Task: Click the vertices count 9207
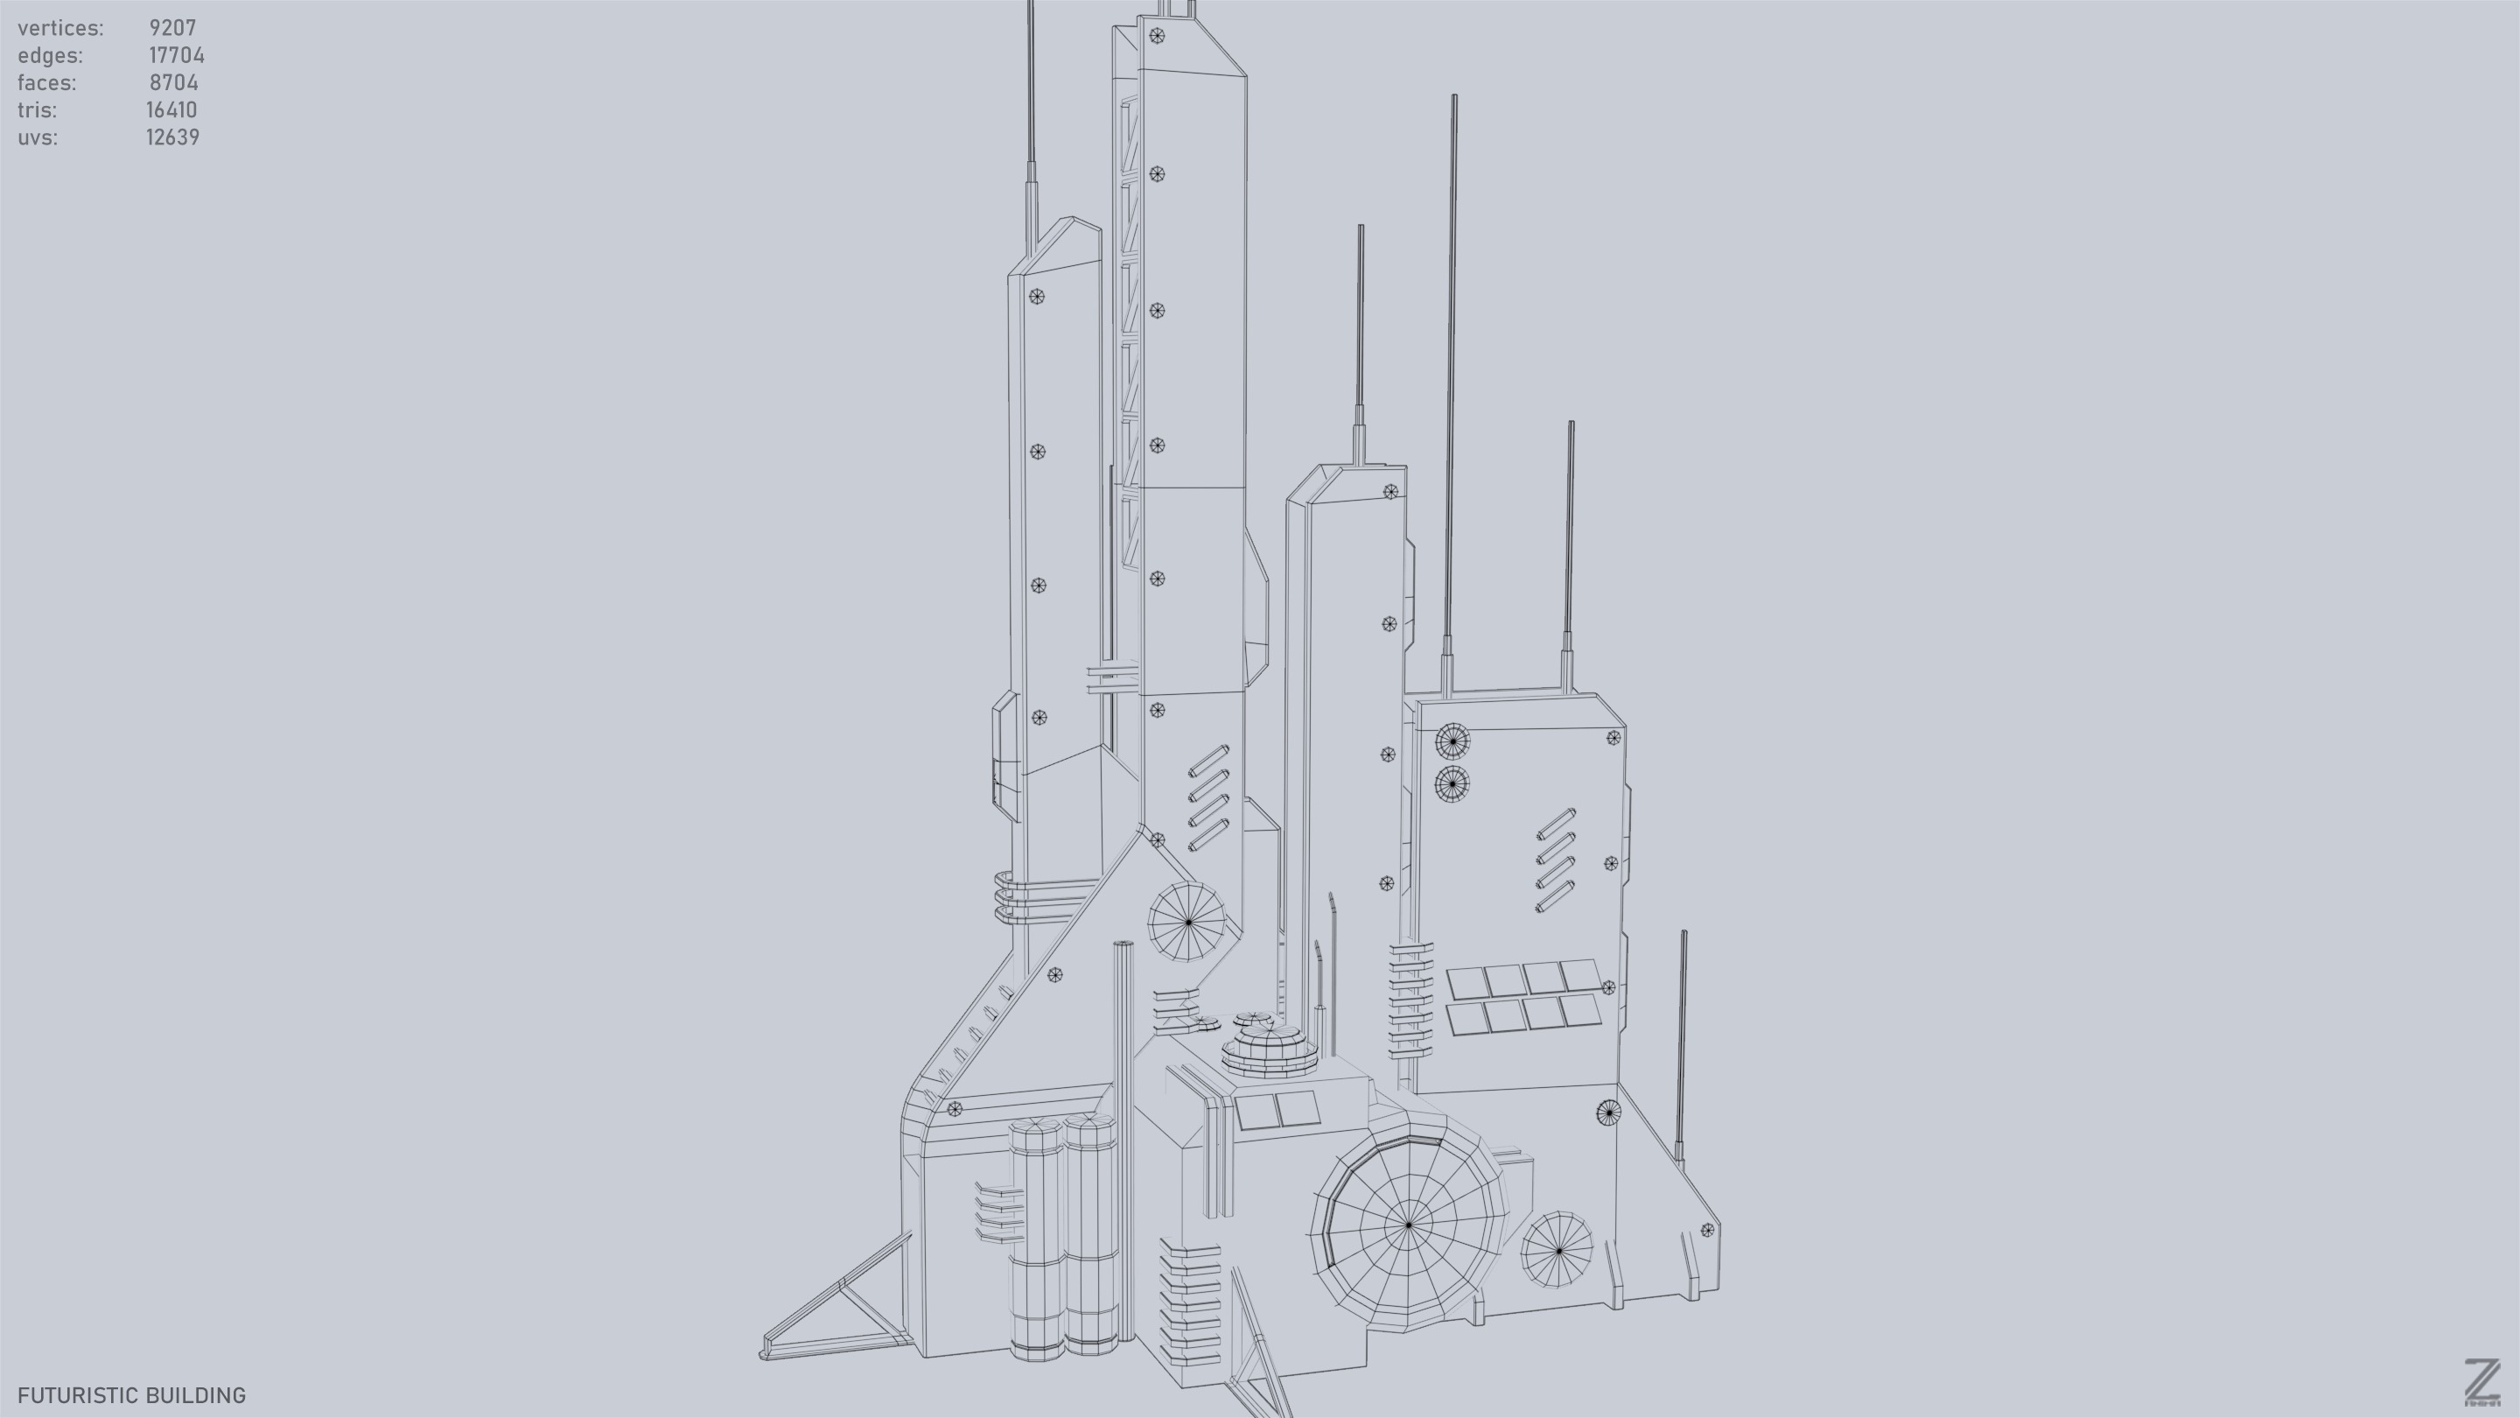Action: tap(172, 28)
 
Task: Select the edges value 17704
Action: tap(176, 56)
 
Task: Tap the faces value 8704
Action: tap(174, 83)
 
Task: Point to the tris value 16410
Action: tap(171, 110)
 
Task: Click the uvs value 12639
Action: tap(172, 138)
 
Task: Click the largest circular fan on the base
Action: tap(1408, 1225)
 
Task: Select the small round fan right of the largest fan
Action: tap(1557, 1250)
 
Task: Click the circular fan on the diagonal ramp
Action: tap(1187, 922)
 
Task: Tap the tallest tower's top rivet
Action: tap(1156, 36)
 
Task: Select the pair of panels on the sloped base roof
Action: tap(1276, 1111)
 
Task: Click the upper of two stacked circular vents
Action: tap(1452, 741)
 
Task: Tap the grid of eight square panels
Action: tap(1523, 995)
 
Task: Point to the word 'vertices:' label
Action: tap(60, 28)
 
